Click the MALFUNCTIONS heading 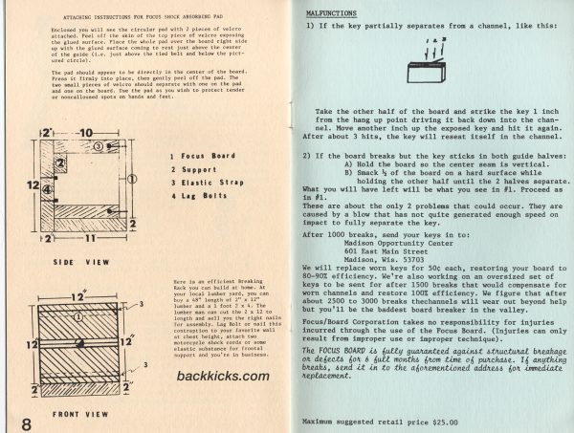333,15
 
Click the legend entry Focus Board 205,156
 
